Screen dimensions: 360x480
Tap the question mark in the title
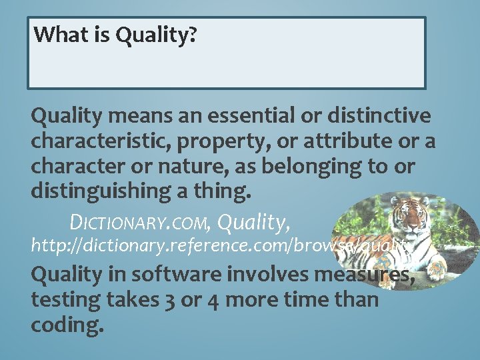pos(192,34)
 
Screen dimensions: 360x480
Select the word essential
pos(244,117)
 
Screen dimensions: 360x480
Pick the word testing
pos(64,300)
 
